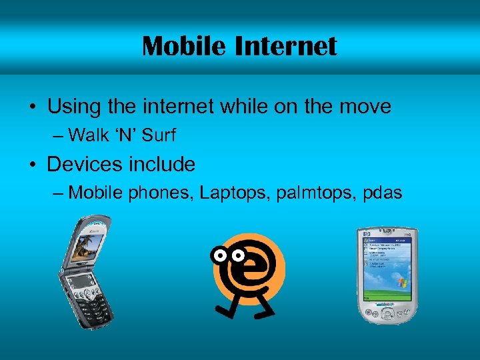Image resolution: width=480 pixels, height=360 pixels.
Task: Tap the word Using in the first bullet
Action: coord(72,107)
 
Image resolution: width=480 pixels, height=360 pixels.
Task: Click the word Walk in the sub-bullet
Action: coord(89,135)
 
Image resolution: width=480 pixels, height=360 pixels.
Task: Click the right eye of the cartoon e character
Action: coord(237,255)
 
